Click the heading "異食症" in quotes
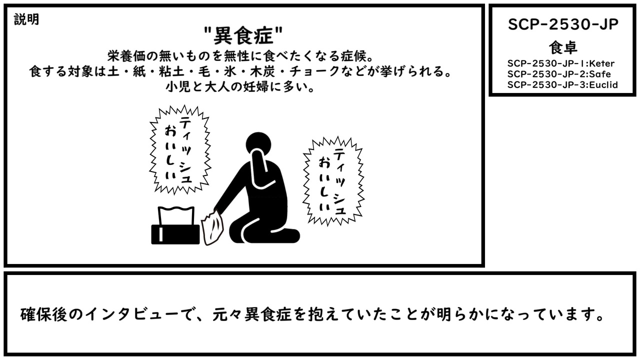[x=243, y=35]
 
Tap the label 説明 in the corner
[x=26, y=19]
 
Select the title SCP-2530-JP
[x=563, y=24]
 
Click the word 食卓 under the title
[x=563, y=47]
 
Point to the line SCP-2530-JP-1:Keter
[x=561, y=63]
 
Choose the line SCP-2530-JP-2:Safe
[x=559, y=74]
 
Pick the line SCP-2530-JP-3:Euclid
[x=562, y=85]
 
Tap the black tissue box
[x=175, y=234]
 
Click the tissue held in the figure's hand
[x=212, y=227]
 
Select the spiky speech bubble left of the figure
[x=180, y=149]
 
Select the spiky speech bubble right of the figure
[x=333, y=181]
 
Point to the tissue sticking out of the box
[x=176, y=215]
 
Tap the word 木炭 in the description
[x=262, y=71]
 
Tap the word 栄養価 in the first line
[x=126, y=56]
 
